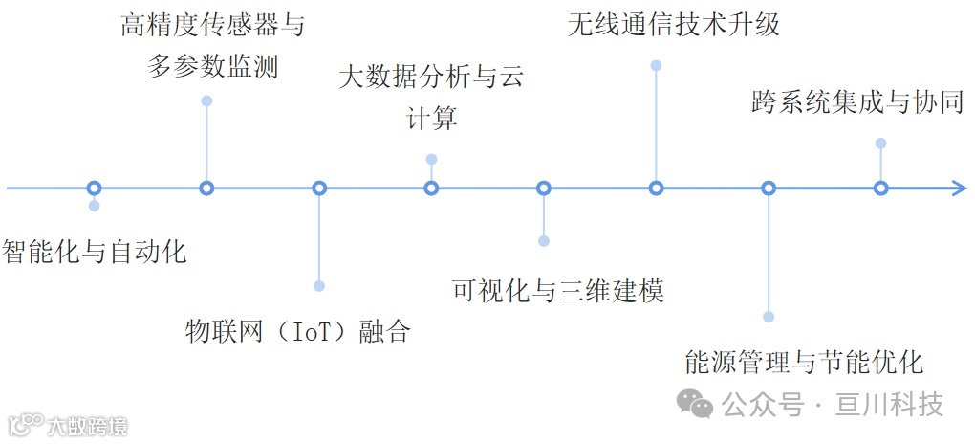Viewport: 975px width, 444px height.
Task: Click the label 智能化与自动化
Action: [94, 253]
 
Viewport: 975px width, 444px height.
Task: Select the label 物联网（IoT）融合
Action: [297, 331]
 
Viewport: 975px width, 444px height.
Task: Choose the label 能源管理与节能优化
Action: [804, 362]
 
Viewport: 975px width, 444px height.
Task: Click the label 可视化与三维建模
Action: [558, 290]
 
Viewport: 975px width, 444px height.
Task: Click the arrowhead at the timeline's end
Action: [959, 189]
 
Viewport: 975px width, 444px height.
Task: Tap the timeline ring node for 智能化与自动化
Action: [94, 189]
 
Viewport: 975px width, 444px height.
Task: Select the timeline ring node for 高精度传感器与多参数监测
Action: [206, 189]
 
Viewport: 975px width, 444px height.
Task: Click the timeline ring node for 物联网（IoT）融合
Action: [319, 189]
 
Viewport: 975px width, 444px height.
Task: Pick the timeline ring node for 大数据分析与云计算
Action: [431, 189]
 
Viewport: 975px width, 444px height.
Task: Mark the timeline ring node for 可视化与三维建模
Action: [544, 189]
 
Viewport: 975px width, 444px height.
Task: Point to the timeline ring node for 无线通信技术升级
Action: [656, 189]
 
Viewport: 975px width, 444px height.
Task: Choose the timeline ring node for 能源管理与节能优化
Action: [769, 189]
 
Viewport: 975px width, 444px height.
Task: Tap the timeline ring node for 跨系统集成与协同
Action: [880, 189]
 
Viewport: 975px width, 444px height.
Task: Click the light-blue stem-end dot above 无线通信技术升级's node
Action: [656, 65]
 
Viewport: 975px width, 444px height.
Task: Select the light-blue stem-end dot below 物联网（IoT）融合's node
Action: [319, 286]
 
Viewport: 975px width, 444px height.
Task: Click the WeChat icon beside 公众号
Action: [695, 405]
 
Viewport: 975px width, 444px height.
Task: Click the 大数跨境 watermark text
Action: [87, 426]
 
